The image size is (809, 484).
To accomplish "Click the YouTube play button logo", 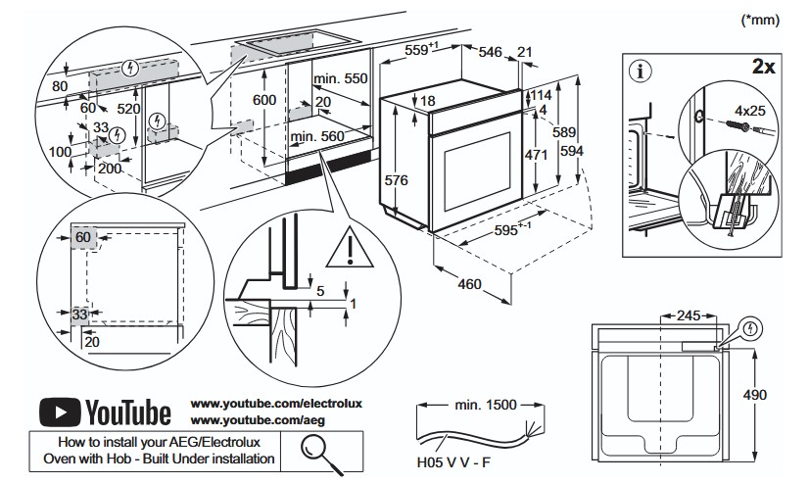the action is [x=60, y=412].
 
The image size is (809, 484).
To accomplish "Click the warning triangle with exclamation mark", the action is [x=350, y=247].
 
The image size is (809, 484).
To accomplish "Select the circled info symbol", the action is [x=641, y=71].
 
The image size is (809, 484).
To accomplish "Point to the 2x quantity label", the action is [x=763, y=66].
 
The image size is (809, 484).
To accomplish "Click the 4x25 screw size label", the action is [x=750, y=111].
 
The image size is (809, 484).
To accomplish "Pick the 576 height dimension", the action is [x=397, y=180].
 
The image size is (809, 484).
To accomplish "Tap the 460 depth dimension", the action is [x=469, y=284].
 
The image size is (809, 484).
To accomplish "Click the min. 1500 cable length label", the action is [x=486, y=405].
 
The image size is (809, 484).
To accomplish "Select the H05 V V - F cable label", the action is [x=453, y=461].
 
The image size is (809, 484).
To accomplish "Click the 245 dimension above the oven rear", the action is [x=689, y=315].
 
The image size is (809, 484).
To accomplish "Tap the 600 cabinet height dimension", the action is [x=264, y=100].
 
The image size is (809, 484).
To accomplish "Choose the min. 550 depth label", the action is [x=341, y=78].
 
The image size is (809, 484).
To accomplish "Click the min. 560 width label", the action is [x=316, y=136].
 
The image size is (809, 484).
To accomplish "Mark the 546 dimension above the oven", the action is [x=490, y=52].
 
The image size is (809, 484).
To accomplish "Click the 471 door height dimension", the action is [x=537, y=154].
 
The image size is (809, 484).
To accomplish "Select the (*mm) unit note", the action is [x=760, y=21].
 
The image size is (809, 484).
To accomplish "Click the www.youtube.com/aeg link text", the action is [x=258, y=420].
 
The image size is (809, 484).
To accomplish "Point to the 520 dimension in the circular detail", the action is [x=128, y=109].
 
